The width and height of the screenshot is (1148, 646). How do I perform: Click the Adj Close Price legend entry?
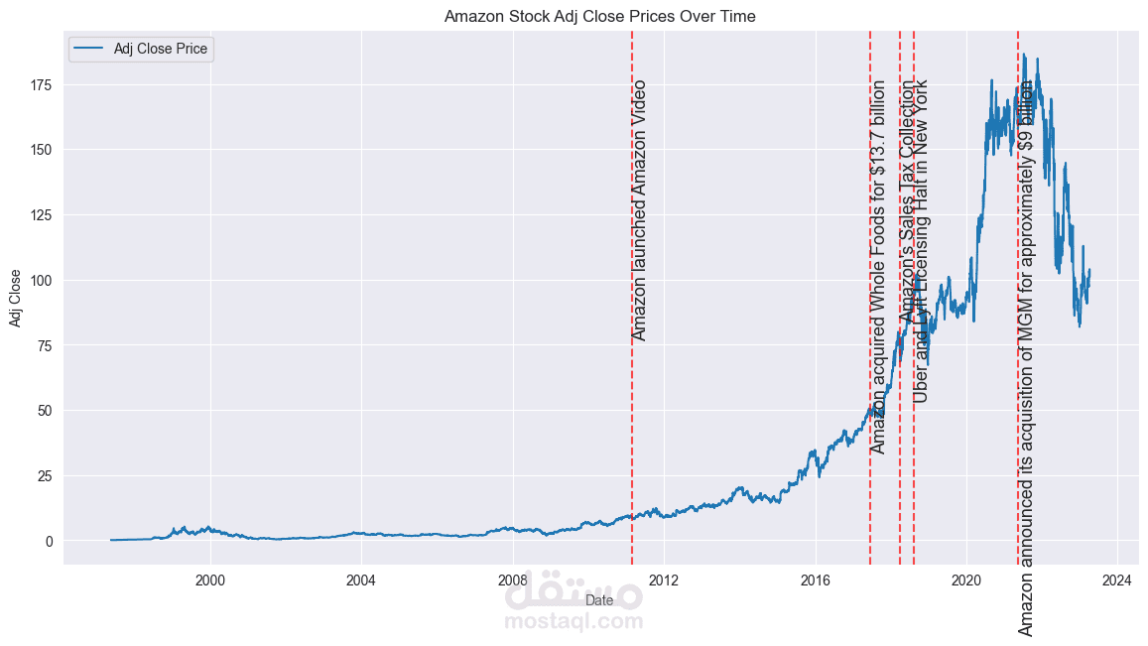pyautogui.click(x=163, y=50)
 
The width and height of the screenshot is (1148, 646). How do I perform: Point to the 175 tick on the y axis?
pyautogui.click(x=42, y=85)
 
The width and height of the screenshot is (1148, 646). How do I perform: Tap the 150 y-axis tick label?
pyautogui.click(x=42, y=150)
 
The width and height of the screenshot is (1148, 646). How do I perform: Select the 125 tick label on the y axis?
pyautogui.click(x=42, y=215)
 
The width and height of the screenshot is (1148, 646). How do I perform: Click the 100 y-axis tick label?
pyautogui.click(x=42, y=281)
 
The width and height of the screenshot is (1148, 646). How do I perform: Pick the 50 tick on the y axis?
pyautogui.click(x=46, y=411)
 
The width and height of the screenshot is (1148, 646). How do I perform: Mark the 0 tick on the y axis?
pyautogui.click(x=50, y=542)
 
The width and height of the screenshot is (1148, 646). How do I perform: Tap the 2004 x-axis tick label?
pyautogui.click(x=361, y=580)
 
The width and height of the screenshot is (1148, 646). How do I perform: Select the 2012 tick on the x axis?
pyautogui.click(x=664, y=580)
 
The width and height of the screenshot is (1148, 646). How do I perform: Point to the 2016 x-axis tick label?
pyautogui.click(x=816, y=580)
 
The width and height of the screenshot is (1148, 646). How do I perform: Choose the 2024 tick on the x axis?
pyautogui.click(x=1117, y=580)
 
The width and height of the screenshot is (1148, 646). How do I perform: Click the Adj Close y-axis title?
pyautogui.click(x=16, y=298)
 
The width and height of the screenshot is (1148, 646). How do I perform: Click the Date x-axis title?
pyautogui.click(x=599, y=600)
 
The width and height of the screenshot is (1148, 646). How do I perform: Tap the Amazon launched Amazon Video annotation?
pyautogui.click(x=639, y=210)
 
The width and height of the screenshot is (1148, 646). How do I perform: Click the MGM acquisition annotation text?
pyautogui.click(x=1026, y=357)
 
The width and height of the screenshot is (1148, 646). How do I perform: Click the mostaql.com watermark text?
pyautogui.click(x=574, y=622)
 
